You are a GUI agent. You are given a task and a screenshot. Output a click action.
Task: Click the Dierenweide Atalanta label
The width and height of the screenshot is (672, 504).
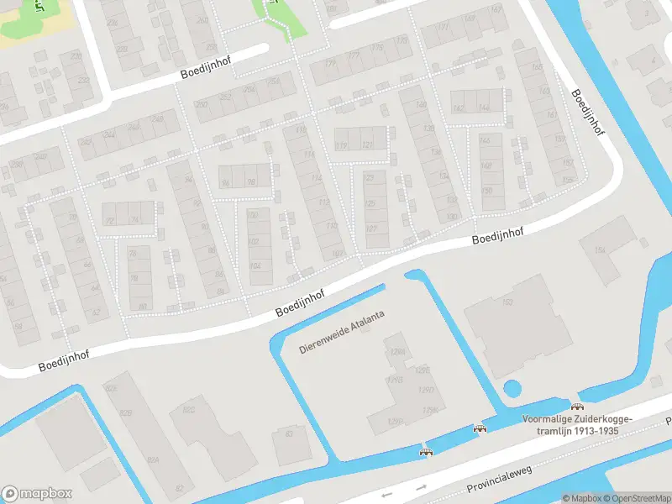pyautogui.click(x=344, y=338)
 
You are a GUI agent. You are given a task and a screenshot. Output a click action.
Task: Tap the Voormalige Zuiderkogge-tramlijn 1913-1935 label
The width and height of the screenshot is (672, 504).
pyautogui.click(x=576, y=425)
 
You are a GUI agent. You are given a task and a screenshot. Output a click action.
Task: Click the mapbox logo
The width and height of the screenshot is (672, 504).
pyautogui.click(x=37, y=493)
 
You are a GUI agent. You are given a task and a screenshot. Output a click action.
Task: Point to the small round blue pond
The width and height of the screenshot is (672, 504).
pyautogui.click(x=511, y=389)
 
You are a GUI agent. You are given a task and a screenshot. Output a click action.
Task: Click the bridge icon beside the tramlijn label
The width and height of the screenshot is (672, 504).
pyautogui.click(x=577, y=407)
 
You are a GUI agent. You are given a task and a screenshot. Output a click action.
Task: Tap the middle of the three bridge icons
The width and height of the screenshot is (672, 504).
pyautogui.click(x=480, y=428)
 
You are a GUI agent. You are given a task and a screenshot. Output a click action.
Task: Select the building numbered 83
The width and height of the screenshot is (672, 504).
pyautogui.click(x=290, y=433)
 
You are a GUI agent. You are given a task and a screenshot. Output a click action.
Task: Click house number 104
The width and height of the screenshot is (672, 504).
pyautogui.click(x=255, y=266)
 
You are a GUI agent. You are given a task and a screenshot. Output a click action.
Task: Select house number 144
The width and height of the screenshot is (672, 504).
pyautogui.click(x=483, y=108)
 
